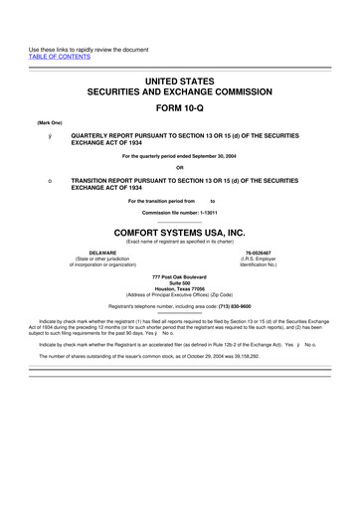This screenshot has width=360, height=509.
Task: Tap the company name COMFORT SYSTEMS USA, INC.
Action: (179, 230)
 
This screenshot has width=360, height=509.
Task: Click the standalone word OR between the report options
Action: (180, 166)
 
